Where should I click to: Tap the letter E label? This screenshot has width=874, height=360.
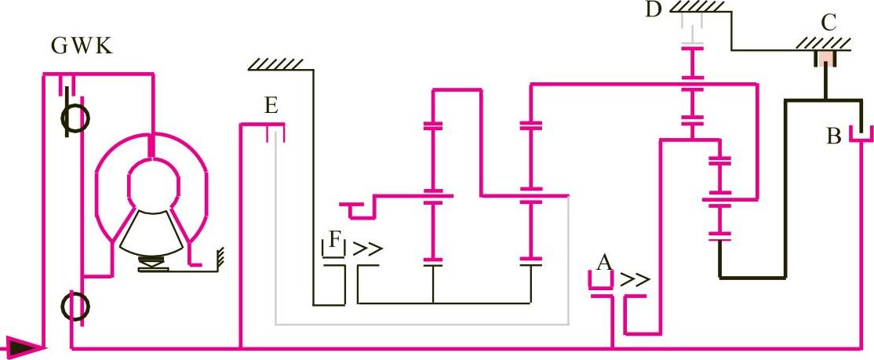pos(271,107)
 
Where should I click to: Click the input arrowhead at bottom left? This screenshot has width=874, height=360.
pos(23,345)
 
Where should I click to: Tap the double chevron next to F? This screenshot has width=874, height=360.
pos(367,249)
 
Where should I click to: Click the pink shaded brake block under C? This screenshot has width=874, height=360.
pos(826,58)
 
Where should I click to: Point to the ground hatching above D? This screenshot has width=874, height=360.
pos(697,6)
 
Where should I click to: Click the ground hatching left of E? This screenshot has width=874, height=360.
pos(276,64)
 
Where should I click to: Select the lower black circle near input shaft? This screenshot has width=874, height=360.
pos(76,305)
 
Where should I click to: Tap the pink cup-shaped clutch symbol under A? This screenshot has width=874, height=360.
pos(603,282)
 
